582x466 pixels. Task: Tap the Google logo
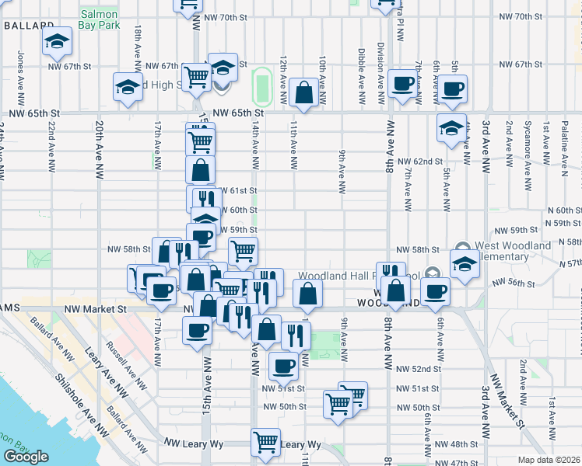[26, 457]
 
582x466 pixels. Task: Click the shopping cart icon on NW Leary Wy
[266, 442]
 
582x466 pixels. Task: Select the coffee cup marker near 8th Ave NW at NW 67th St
[403, 83]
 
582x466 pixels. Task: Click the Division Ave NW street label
[381, 73]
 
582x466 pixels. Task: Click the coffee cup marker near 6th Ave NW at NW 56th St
[436, 291]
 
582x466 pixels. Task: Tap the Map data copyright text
[549, 460]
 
